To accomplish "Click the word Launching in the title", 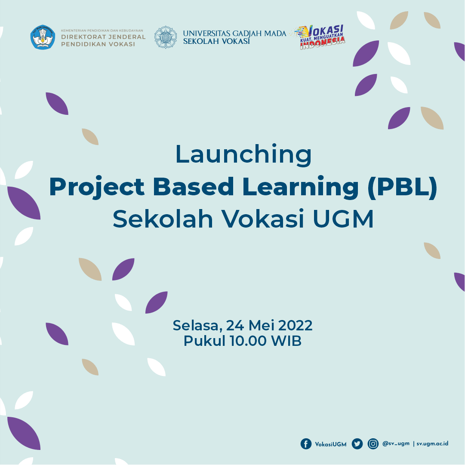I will [x=243, y=155].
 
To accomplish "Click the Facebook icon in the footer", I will [x=306, y=444].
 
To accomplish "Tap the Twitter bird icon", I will [x=357, y=444].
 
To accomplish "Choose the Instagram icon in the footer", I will [x=373, y=444].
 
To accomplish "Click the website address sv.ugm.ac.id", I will [x=432, y=443].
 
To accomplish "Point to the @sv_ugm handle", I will [x=396, y=443].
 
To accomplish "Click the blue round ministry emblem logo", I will [x=43, y=37].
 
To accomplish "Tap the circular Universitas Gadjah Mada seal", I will [x=165, y=37].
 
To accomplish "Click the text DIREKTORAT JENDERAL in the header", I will [x=103, y=37].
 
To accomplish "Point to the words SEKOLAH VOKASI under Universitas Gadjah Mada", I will [x=216, y=42].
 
